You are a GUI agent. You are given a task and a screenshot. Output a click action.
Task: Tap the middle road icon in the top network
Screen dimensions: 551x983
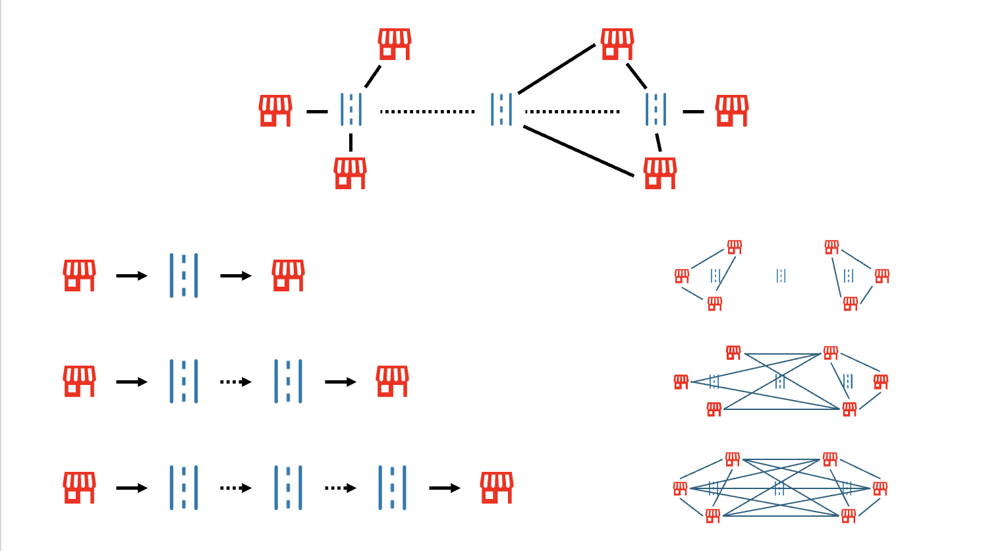[x=501, y=109]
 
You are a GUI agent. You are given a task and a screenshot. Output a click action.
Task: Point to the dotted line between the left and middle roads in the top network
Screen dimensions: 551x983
[x=427, y=111]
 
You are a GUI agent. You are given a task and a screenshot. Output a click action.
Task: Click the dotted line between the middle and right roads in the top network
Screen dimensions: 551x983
[x=572, y=111]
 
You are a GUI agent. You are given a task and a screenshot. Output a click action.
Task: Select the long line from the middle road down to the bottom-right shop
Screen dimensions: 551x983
[x=578, y=152]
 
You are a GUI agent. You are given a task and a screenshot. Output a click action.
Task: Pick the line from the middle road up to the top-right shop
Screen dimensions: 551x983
[x=557, y=69]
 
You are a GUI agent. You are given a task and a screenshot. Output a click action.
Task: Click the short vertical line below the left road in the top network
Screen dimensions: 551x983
[x=351, y=142]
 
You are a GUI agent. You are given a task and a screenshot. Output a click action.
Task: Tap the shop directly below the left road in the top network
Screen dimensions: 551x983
[x=350, y=173]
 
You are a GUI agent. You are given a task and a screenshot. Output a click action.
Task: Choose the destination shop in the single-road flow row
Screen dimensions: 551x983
[x=288, y=275]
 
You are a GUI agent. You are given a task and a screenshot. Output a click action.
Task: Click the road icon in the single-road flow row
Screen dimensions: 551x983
[x=184, y=275]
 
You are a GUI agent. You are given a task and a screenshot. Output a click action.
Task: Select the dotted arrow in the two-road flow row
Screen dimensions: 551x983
[x=235, y=382]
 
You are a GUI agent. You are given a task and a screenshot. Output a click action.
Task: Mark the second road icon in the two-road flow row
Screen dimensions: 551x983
[x=288, y=381]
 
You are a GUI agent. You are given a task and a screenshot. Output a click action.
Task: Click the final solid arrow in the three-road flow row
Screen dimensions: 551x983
[x=444, y=488]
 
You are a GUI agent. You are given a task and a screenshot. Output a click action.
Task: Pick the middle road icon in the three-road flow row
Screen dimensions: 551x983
[x=288, y=488]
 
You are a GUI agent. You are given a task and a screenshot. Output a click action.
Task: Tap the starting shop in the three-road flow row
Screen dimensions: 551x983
[x=79, y=488]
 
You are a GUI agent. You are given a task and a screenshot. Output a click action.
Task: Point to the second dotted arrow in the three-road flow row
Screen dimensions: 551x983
[x=340, y=488]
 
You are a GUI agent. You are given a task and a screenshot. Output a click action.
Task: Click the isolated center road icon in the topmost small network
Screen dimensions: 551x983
[x=781, y=275]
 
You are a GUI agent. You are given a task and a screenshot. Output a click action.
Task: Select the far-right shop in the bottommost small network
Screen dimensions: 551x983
[x=880, y=488]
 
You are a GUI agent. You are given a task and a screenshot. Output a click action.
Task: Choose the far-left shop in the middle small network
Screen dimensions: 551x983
[x=681, y=382]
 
